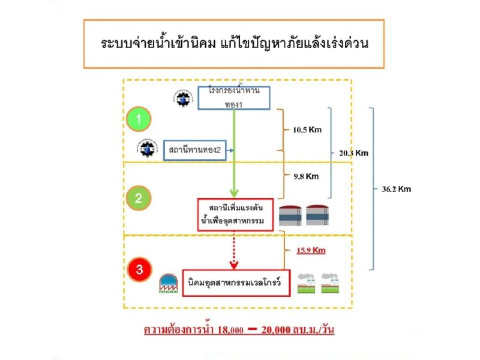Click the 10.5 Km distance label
tap(307, 129)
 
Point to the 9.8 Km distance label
tap(305, 176)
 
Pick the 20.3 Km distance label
tap(353, 153)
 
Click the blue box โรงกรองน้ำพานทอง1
tap(234, 98)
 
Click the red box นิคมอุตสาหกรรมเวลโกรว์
tap(236, 283)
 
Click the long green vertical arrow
tap(233, 152)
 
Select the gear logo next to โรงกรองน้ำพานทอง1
tap(183, 98)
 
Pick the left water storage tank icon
tap(290, 216)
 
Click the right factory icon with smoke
tap(331, 283)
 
